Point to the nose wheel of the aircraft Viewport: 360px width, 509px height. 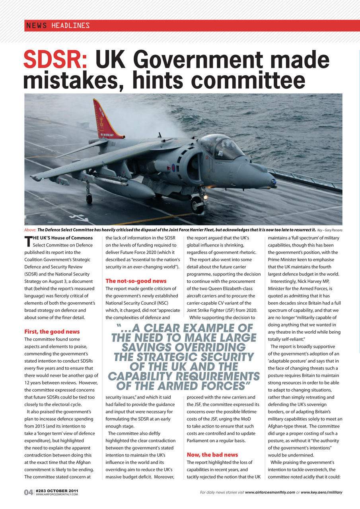coord(197,205)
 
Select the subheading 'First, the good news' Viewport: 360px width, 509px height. coord(52,332)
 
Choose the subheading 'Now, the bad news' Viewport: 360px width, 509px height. coord(212,455)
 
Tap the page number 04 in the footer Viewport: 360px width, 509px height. coord(28,493)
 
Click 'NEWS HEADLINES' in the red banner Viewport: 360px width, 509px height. coord(58,26)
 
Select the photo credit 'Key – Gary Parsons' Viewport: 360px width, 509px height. coord(330,230)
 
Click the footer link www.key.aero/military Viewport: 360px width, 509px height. coord(321,492)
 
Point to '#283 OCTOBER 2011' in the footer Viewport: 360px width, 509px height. coord(56,491)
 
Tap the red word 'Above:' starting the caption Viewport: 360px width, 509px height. coord(30,230)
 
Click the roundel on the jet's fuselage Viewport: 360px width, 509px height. coord(173,168)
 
